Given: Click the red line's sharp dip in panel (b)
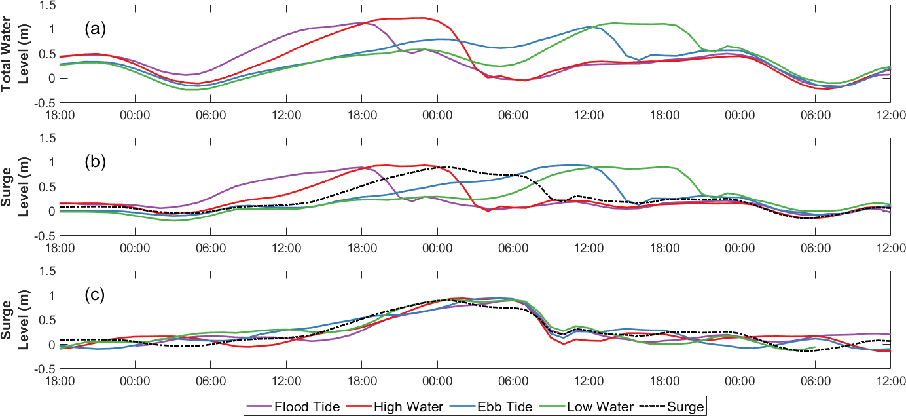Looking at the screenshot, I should point(488,210).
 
